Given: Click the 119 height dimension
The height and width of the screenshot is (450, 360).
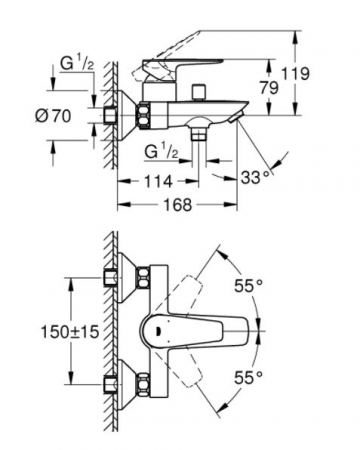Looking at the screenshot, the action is [295, 74].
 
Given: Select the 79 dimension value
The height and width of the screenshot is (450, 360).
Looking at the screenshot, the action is [269, 88].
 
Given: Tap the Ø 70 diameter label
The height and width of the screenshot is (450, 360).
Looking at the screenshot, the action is [53, 116].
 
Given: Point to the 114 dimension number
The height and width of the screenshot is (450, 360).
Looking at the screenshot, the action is [158, 181].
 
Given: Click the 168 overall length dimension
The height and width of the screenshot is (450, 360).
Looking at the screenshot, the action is [178, 204].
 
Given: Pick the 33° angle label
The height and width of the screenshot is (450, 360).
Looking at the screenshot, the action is [255, 177].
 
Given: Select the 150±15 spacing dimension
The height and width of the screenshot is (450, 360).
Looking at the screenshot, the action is [70, 331].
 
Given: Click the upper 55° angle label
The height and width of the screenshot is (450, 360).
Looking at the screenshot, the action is [248, 286].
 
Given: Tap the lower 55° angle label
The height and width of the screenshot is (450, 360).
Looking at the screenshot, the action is [248, 377].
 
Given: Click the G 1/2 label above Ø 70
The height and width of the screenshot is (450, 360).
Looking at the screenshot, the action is [77, 63].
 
